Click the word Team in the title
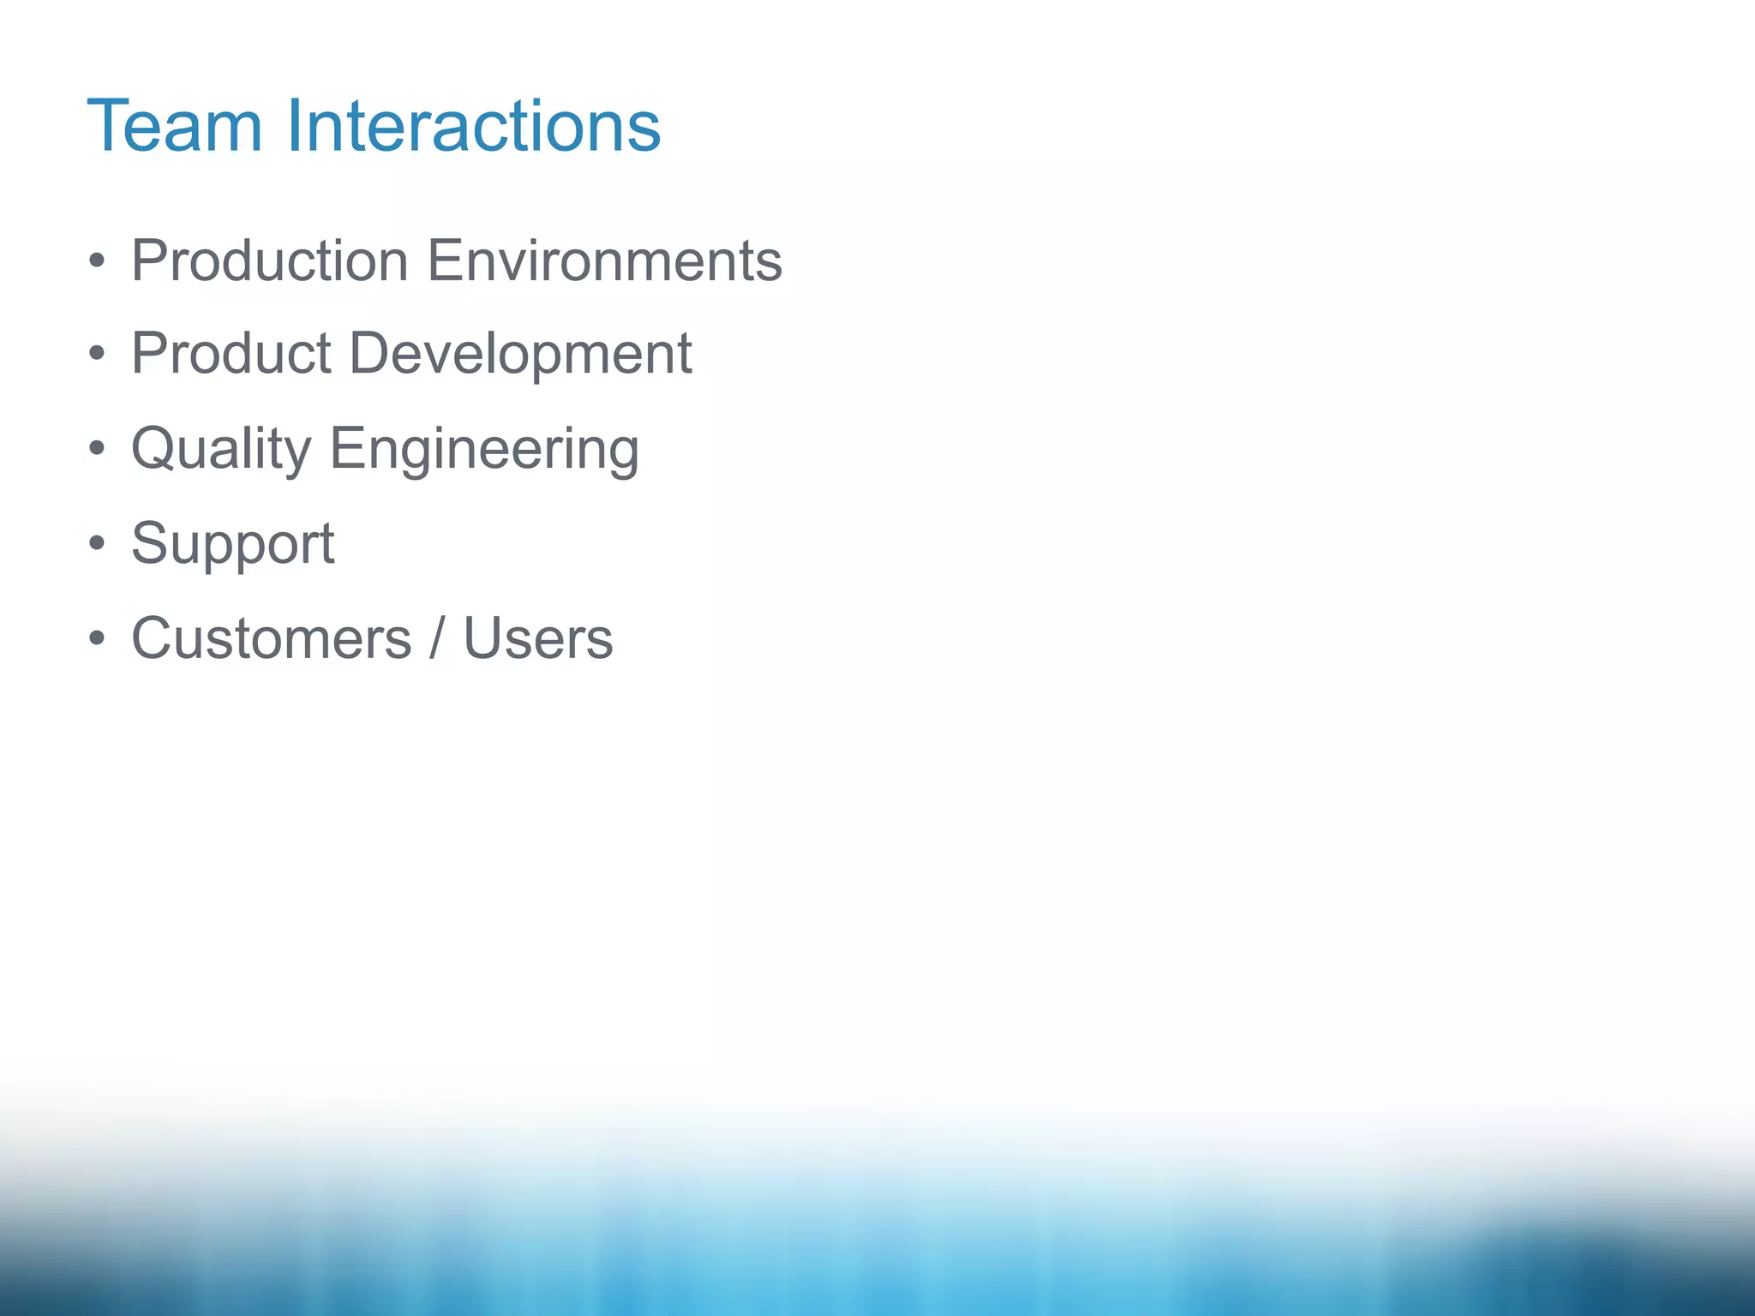point(174,127)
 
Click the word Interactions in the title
point(473,127)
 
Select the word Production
point(269,260)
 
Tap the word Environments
point(604,260)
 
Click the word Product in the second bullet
point(231,354)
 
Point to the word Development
point(520,354)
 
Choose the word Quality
point(221,449)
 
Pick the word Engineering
point(484,449)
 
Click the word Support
point(232,545)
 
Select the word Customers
point(271,639)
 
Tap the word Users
point(538,639)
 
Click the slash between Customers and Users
point(438,639)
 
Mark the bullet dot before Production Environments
point(97,260)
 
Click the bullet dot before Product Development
point(97,354)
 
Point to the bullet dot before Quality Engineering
point(97,448)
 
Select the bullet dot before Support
point(97,543)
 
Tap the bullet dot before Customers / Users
point(97,638)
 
